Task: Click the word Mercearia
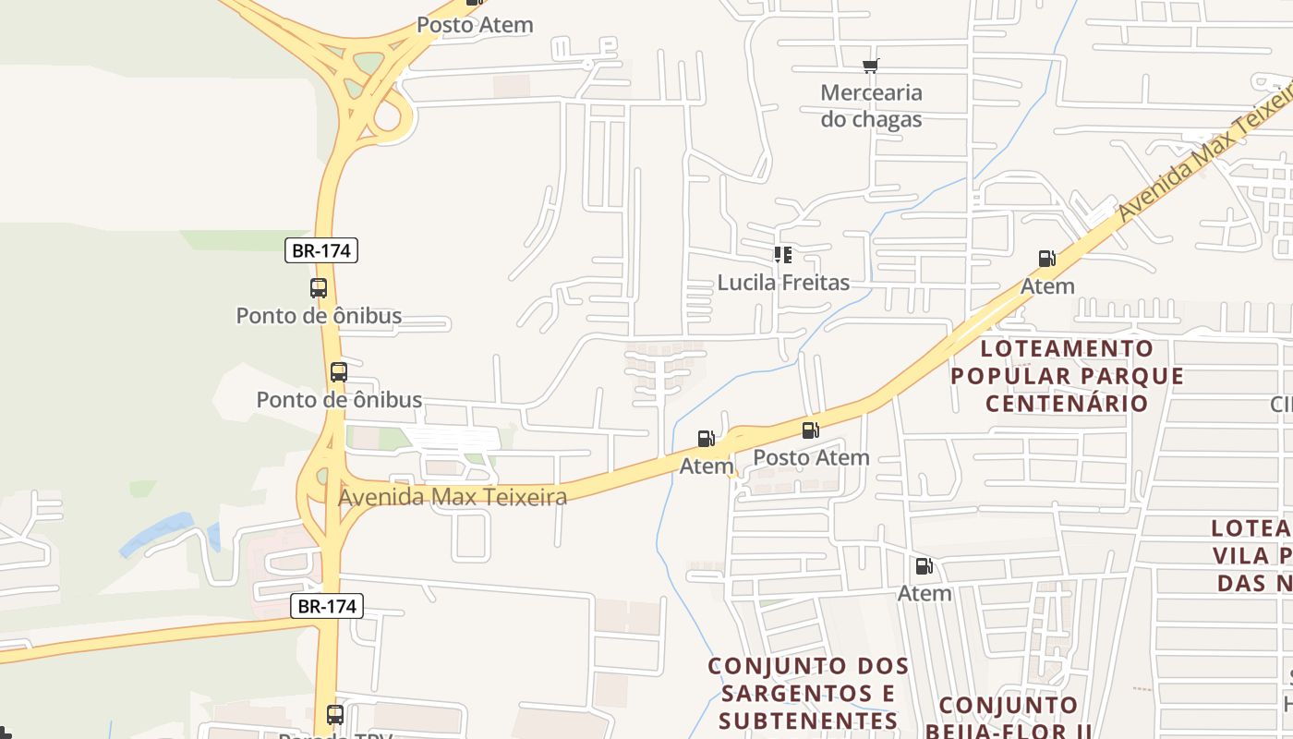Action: (871, 92)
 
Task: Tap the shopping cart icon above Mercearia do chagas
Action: (870, 66)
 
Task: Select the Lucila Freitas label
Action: (783, 282)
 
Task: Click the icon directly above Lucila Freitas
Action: (783, 255)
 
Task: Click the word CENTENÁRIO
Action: (1067, 403)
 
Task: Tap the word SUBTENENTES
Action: (808, 721)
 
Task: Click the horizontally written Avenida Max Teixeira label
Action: (453, 497)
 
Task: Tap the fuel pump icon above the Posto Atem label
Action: (810, 430)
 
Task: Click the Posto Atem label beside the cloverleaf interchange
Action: (475, 25)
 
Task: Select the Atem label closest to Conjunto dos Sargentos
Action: (924, 592)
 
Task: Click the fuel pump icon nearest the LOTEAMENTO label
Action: (1046, 259)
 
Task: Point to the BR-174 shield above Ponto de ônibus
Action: (320, 250)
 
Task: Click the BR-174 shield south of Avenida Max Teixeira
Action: (327, 606)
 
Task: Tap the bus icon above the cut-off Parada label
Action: (335, 714)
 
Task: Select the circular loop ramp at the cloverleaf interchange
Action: (393, 118)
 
